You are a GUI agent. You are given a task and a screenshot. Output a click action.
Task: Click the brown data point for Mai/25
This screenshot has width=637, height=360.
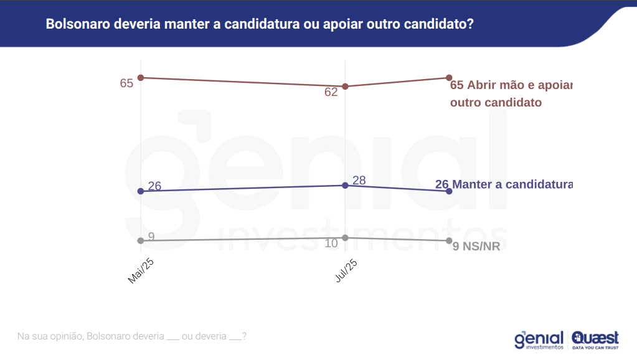pos(141,78)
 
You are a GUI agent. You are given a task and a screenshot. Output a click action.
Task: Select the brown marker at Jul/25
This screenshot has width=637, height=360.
pos(345,87)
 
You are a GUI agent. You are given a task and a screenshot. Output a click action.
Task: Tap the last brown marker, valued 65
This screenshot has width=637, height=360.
pos(449,78)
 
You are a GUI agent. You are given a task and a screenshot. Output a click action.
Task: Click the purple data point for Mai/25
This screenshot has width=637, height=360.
pos(141,191)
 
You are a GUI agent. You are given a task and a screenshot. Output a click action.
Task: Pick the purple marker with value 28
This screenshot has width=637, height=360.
pos(345,186)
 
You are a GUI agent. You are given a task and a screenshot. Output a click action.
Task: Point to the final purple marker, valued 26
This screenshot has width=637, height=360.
pos(449,191)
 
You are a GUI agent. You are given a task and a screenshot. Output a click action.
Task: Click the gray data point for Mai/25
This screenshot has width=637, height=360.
pos(141,240)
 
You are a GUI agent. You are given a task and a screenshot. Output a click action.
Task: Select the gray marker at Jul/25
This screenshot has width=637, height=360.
pos(345,237)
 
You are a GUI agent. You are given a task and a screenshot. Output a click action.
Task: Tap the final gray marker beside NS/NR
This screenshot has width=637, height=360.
pos(449,240)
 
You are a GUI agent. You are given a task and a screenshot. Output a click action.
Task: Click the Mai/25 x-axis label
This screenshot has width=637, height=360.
pos(141,271)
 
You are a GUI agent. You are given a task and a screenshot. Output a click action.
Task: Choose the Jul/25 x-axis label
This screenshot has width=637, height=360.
pos(346,271)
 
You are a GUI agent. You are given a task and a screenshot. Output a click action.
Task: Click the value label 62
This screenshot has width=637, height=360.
pos(331,92)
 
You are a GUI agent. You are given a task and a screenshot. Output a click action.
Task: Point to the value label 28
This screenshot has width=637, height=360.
pos(359,181)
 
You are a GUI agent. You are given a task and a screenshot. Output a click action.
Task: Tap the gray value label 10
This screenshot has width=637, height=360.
pos(331,244)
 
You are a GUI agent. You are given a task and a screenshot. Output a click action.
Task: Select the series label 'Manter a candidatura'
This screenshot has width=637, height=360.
pos(512,184)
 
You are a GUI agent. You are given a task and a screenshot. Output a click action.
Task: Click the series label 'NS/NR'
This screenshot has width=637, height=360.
pos(481,247)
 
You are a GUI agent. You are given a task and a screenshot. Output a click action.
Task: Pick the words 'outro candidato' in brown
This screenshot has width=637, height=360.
pos(496,102)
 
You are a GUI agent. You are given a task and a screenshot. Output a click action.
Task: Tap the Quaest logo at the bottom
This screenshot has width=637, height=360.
pos(595,339)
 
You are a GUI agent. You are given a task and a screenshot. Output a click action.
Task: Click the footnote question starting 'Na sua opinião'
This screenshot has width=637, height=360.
pos(132,336)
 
